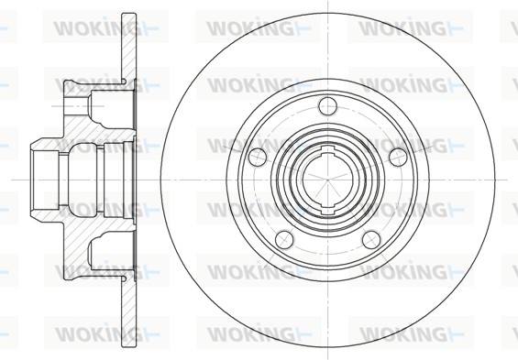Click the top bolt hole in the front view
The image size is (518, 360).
[x=327, y=106]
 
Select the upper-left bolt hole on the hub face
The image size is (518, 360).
[x=258, y=157]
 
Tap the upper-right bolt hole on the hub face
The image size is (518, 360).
[x=398, y=157]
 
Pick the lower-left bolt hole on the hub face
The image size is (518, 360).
[x=284, y=240]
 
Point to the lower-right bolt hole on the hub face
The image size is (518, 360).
[x=371, y=240]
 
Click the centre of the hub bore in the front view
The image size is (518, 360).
[x=327, y=180]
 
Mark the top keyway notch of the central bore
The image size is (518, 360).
[x=327, y=151]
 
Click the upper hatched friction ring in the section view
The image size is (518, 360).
[x=129, y=46]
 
